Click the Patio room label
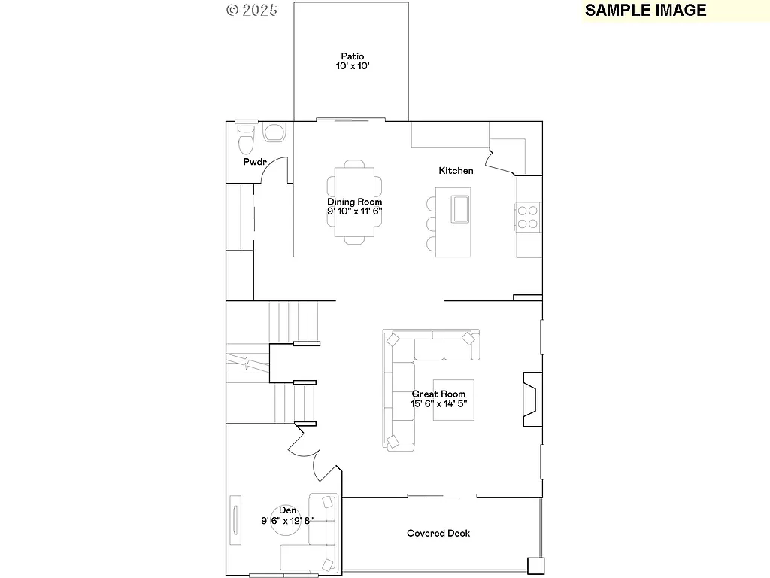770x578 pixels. pyautogui.click(x=352, y=56)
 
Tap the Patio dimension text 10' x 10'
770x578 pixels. pyautogui.click(x=352, y=66)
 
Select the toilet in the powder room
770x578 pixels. pyautogui.click(x=246, y=139)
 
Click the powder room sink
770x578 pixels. pyautogui.click(x=274, y=133)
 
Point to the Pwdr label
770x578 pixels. pyautogui.click(x=254, y=163)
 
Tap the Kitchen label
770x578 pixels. pyautogui.click(x=456, y=171)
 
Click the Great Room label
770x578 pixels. pyautogui.click(x=438, y=394)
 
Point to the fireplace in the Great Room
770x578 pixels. pyautogui.click(x=529, y=400)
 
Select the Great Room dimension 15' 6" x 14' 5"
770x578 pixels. pyautogui.click(x=438, y=404)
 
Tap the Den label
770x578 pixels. pyautogui.click(x=287, y=510)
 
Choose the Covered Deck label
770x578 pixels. pyautogui.click(x=438, y=534)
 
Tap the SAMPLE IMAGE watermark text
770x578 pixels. pyautogui.click(x=645, y=10)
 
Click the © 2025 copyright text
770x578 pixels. pyautogui.click(x=252, y=10)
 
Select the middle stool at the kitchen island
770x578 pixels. pyautogui.click(x=432, y=224)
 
